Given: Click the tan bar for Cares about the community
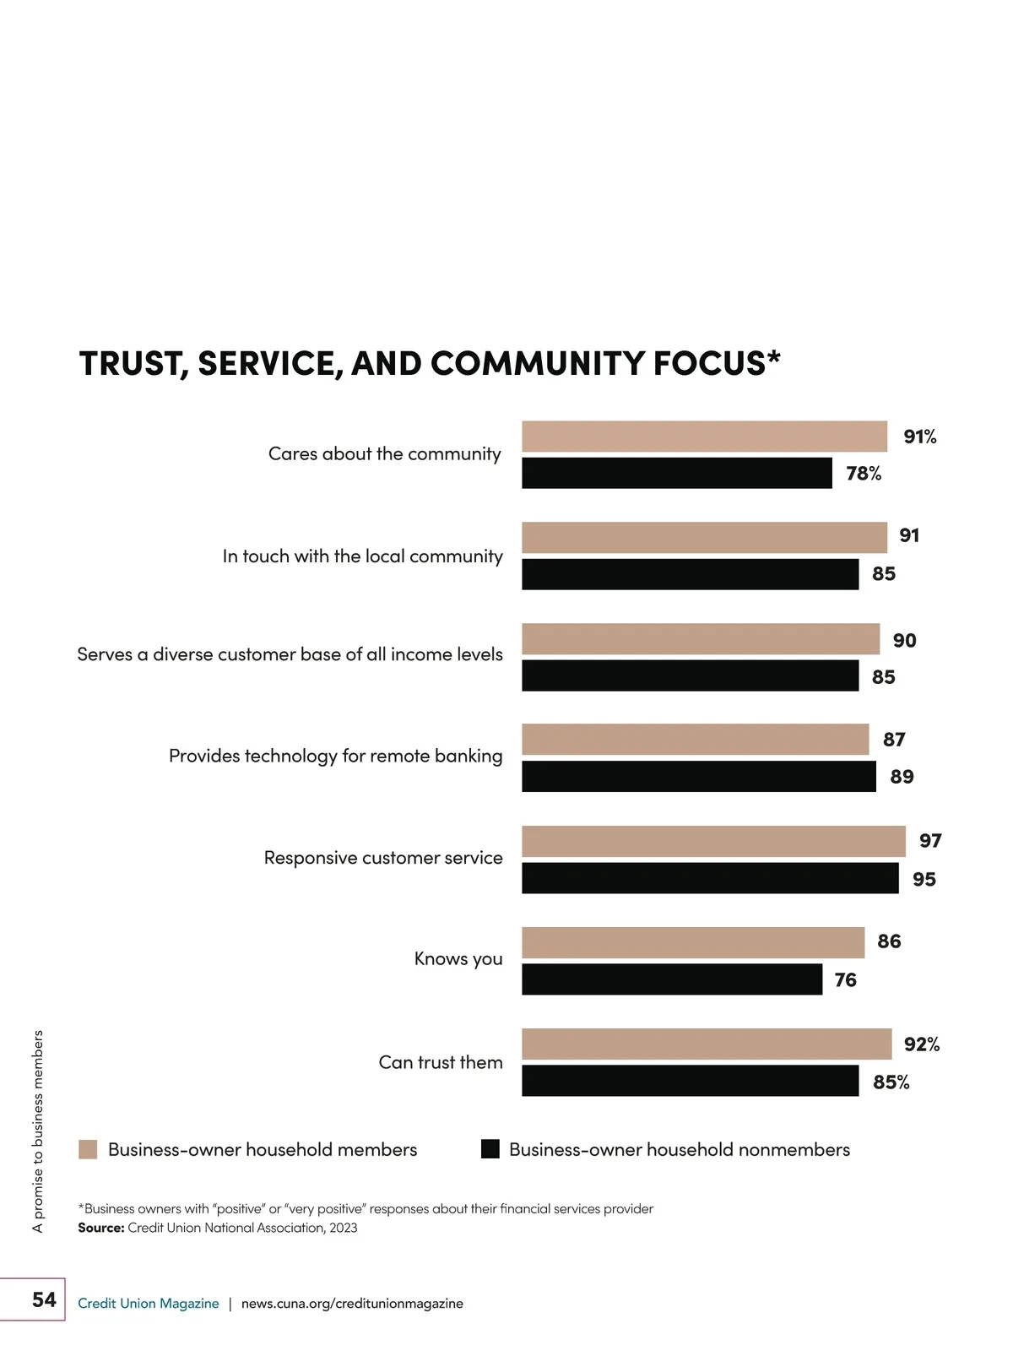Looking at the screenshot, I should [704, 437].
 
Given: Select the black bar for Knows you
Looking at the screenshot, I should [672, 979].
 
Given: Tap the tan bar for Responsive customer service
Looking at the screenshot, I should [713, 841].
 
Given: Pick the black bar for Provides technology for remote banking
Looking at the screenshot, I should [699, 777].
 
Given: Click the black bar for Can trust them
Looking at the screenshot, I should [690, 1081].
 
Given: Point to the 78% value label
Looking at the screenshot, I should [864, 474].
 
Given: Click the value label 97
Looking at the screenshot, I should [930, 841].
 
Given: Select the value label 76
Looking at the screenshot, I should [845, 980].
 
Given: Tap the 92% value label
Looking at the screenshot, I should [921, 1044].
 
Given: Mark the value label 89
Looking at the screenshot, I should [902, 777].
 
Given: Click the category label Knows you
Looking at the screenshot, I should [458, 959].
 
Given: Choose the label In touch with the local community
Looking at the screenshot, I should [362, 556].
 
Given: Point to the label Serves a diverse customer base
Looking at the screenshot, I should [290, 654].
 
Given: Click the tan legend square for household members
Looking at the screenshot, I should [88, 1149].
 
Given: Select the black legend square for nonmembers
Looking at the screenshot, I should [490, 1149].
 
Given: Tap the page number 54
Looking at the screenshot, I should [44, 1299].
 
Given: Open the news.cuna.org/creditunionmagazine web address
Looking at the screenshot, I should [352, 1304].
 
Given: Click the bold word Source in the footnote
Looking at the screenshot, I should [100, 1228].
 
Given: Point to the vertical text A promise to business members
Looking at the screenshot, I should [37, 1131].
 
